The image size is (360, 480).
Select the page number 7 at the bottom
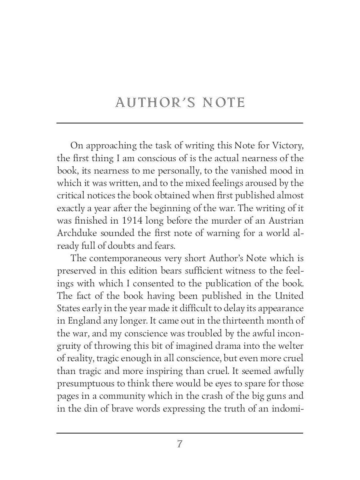[180, 444]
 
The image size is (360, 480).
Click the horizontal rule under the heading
[180, 123]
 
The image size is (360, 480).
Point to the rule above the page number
[180, 433]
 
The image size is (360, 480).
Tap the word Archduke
[77, 233]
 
